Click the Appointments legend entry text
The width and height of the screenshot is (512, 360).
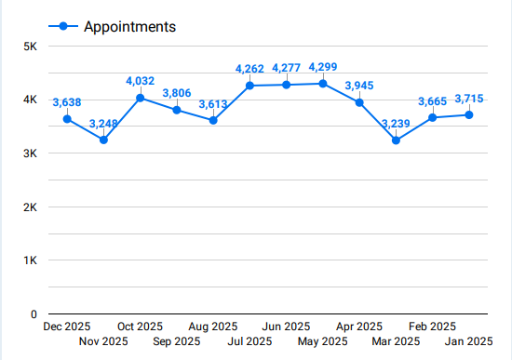coord(129,27)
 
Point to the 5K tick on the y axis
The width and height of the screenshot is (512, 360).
coord(30,47)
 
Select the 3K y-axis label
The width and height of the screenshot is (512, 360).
coord(30,153)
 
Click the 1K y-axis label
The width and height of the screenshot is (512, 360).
coord(30,260)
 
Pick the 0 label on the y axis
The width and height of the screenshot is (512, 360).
coord(33,314)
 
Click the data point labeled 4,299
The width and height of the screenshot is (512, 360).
coord(323,84)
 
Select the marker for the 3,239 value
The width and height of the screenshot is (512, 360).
coord(396,140)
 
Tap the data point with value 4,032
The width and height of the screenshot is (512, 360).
coord(141,98)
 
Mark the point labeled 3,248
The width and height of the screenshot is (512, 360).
coord(103,140)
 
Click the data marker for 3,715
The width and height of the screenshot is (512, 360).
coord(469,115)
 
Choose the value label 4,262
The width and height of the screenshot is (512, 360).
coord(250,69)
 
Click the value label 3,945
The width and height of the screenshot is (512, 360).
coord(359,87)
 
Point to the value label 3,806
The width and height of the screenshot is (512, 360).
coord(177,93)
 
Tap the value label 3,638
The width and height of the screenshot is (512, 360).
coord(67,102)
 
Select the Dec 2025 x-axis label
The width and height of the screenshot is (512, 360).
coord(67,327)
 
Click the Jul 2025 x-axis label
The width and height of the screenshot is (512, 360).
coord(250,341)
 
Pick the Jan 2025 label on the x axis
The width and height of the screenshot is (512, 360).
coord(469,341)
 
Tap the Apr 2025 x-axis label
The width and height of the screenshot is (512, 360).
coord(359,327)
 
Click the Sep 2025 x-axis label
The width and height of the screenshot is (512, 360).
coord(177,341)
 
